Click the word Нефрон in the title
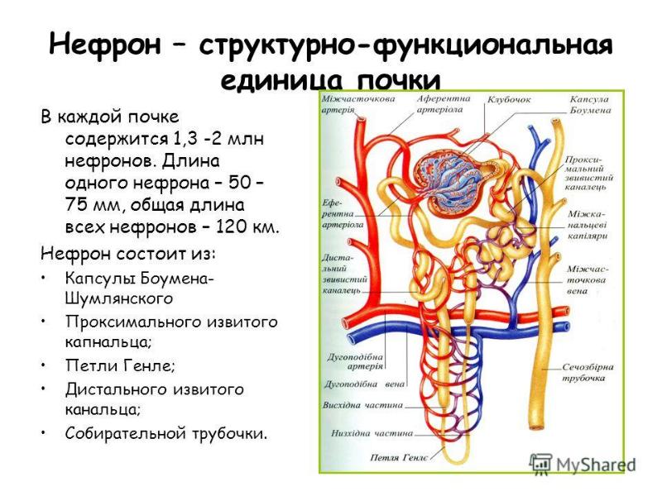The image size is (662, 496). point(101,44)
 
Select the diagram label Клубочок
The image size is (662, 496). point(509,100)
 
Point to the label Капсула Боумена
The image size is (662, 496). point(589,104)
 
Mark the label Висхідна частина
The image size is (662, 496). point(364,406)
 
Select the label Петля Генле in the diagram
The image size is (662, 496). point(399,457)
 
